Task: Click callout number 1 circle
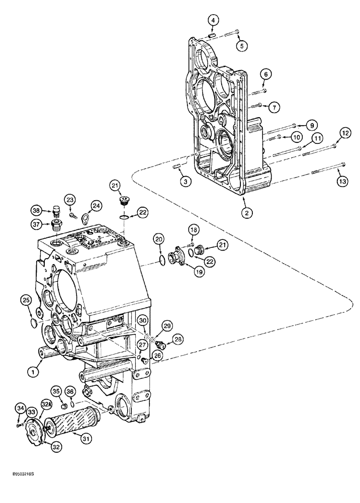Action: (33, 372)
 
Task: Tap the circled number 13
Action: (341, 181)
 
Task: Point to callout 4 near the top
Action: (213, 20)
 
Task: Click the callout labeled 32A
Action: (47, 404)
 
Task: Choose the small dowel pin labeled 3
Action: (177, 166)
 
